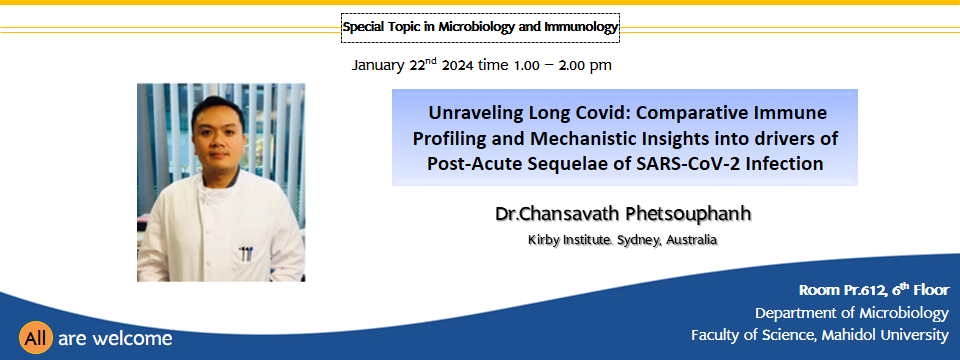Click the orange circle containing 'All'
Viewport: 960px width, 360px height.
coord(36,338)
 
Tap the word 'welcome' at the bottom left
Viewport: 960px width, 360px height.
coord(142,339)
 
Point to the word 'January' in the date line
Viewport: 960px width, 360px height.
coord(378,66)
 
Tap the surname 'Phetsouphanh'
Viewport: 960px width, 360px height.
coord(688,214)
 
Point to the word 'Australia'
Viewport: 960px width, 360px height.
coord(691,240)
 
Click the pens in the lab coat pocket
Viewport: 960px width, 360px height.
coord(246,253)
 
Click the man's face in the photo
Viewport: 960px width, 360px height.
coord(217,138)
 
